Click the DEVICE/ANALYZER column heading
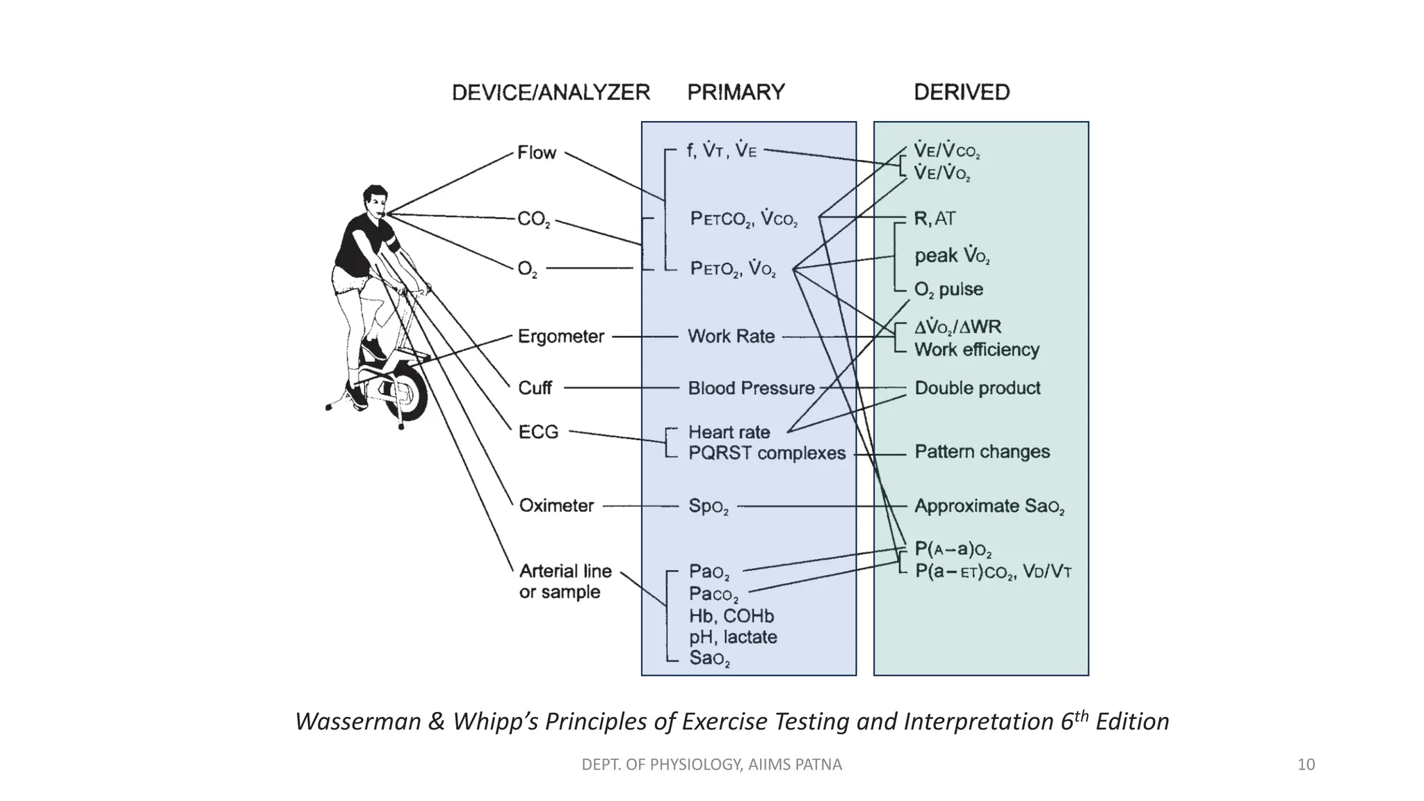(x=551, y=92)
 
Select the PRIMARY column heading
(x=736, y=92)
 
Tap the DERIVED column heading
(x=962, y=92)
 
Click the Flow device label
(x=537, y=153)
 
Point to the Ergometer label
(x=561, y=337)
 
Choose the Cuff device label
(x=535, y=388)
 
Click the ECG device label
(x=538, y=432)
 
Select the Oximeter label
(x=556, y=505)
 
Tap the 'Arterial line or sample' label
(x=565, y=581)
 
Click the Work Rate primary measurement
(x=731, y=337)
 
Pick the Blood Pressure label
(x=751, y=388)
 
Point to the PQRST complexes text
(x=767, y=453)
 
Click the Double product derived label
(x=977, y=388)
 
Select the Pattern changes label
(x=982, y=452)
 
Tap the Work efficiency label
(x=976, y=350)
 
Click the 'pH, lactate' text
(x=733, y=637)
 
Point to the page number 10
(x=1306, y=765)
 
